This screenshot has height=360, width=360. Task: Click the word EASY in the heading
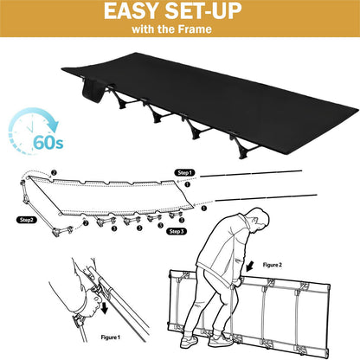click(x=132, y=11)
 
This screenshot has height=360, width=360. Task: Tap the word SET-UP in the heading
click(x=203, y=11)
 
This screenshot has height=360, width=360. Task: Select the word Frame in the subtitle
click(x=195, y=29)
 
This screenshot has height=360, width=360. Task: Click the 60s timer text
click(x=48, y=142)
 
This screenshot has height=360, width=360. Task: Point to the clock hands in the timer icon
click(x=31, y=125)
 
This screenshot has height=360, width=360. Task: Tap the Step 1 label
click(x=184, y=172)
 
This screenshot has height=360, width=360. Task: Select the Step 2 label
click(x=27, y=220)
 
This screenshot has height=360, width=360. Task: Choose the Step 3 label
click(x=177, y=231)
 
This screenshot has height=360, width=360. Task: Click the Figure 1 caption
click(x=111, y=337)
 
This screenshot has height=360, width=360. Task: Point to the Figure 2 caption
click(x=273, y=265)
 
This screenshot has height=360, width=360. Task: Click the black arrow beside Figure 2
click(x=249, y=267)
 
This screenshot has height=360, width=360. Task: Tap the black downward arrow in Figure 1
click(x=104, y=308)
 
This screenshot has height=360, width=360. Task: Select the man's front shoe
click(x=220, y=341)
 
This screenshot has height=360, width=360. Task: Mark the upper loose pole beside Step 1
click(x=251, y=174)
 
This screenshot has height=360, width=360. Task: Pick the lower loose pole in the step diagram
click(x=266, y=198)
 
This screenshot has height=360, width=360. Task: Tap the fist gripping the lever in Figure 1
click(x=92, y=302)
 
